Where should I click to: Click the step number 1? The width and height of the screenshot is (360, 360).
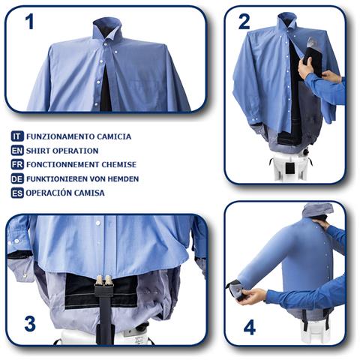click(30, 22)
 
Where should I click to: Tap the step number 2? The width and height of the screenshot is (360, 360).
click(244, 22)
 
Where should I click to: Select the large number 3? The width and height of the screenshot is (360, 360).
click(30, 323)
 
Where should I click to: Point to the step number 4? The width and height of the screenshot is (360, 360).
click(250, 327)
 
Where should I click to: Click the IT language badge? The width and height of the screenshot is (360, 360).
click(17, 136)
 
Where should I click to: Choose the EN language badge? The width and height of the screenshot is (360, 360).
click(17, 151)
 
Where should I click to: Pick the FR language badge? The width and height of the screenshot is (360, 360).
click(17, 164)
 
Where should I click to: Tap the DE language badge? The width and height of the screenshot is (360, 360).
click(17, 178)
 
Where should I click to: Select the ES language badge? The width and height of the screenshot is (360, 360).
click(17, 193)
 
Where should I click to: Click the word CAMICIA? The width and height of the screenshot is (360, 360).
click(114, 136)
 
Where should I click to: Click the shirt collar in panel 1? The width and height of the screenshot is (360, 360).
click(107, 29)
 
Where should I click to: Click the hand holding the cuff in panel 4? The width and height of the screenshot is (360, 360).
click(253, 295)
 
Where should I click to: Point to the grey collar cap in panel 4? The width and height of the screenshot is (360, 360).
click(318, 209)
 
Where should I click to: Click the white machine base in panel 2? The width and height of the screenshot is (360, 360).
click(290, 166)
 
